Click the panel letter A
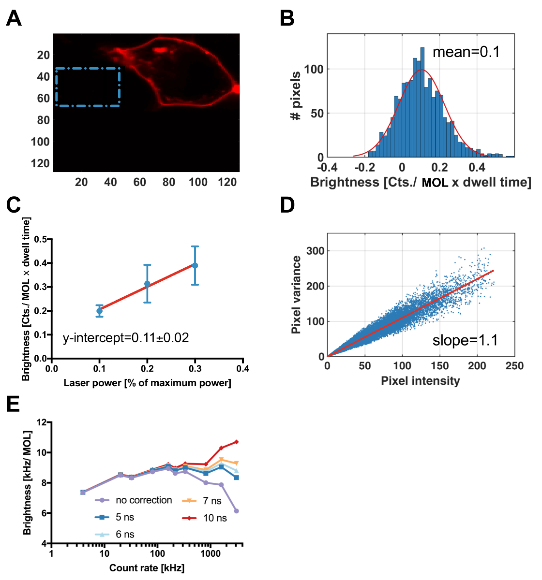14,19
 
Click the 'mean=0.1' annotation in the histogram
466,52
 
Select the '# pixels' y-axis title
296,96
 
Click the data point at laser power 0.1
99,311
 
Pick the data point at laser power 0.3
195,265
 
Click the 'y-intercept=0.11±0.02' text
126,338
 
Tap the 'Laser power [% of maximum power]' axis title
147,383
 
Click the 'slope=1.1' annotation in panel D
465,340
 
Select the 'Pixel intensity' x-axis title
420,381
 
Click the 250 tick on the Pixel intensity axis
514,366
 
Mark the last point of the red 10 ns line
236,442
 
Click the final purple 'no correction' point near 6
236,511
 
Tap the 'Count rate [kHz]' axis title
147,568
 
